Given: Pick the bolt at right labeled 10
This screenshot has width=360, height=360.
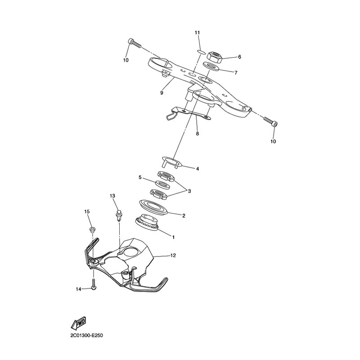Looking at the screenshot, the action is pos(270,121).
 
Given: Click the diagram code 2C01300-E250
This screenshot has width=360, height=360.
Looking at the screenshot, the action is pos(86,336).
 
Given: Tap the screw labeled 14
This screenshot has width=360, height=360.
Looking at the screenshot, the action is pos(94,284).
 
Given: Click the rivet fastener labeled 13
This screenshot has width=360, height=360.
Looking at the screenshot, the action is pos(118,215).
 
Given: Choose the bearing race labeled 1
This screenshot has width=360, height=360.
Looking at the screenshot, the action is pos(147,222).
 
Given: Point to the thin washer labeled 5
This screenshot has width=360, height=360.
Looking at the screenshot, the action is pos(163,184).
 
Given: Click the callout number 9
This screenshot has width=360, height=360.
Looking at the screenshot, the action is pos(162,93).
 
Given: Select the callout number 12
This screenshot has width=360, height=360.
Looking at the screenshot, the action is pos(173,255).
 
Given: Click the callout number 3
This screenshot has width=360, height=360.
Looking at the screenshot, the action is pos(189,191).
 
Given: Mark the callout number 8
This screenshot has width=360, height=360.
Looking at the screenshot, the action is pos(198,133).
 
